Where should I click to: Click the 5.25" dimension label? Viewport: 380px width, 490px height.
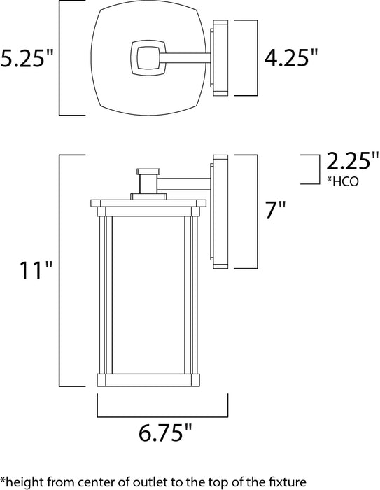tap(27, 59)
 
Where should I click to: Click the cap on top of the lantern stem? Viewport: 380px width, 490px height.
tap(148, 170)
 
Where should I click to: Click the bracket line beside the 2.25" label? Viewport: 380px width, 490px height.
tap(310, 169)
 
